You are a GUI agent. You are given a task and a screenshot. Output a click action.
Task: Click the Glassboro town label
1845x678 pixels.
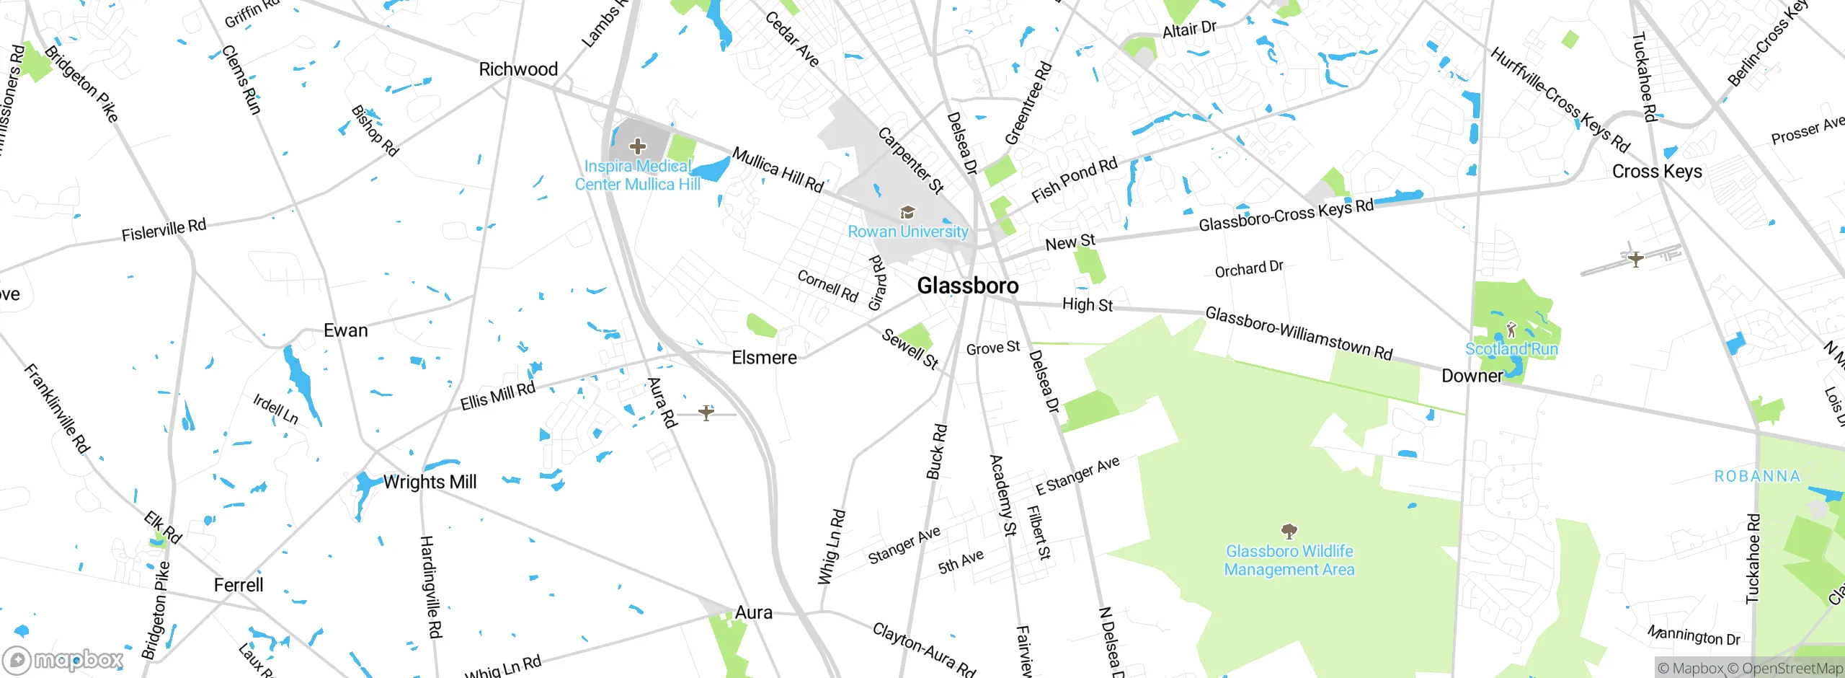point(967,286)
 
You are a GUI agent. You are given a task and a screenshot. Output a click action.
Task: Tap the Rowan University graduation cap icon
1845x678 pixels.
point(907,212)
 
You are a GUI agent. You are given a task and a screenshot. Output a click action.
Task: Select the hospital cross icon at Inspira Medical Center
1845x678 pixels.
point(637,147)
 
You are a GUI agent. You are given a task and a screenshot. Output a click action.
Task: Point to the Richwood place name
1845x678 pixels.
point(518,69)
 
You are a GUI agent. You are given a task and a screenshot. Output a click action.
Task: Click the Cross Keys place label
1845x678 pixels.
point(1656,172)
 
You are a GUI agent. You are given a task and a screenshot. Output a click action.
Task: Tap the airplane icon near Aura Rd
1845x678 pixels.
point(706,413)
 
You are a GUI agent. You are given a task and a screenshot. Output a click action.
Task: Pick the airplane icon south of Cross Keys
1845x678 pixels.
point(1635,258)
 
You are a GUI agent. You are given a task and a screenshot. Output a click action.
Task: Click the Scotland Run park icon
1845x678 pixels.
point(1511,330)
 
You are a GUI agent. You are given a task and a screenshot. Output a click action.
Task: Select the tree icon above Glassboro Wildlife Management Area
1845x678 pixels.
point(1289,532)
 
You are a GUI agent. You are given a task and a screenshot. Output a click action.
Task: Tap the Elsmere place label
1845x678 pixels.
point(764,358)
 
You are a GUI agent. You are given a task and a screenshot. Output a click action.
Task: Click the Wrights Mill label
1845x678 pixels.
point(430,482)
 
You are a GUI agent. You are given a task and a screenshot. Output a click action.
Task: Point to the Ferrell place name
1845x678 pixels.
point(239,585)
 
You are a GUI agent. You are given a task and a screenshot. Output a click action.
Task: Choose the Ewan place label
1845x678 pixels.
point(345,330)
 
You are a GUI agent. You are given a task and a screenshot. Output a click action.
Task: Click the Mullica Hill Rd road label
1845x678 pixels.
point(778,169)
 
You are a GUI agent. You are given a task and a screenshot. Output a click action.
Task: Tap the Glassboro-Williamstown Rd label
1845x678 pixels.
point(1299,333)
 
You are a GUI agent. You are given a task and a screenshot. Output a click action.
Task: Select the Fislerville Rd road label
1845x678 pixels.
point(164,230)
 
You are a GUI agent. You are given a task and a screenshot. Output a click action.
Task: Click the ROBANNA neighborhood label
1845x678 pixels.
point(1756,477)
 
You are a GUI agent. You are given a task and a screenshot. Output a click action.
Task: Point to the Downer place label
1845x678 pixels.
point(1472,376)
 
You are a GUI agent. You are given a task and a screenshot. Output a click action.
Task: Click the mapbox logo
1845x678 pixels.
point(63,659)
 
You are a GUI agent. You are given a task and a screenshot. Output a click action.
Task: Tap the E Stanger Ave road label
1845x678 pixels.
point(1077,475)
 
